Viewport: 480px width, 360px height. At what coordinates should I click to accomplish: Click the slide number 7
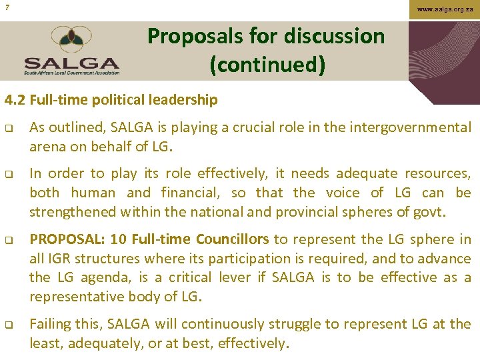click(x=6, y=7)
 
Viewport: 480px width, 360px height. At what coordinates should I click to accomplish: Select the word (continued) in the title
click(x=267, y=65)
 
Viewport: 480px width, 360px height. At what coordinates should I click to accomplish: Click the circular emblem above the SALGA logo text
click(x=73, y=39)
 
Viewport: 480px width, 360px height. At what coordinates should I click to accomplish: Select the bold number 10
click(x=119, y=239)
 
